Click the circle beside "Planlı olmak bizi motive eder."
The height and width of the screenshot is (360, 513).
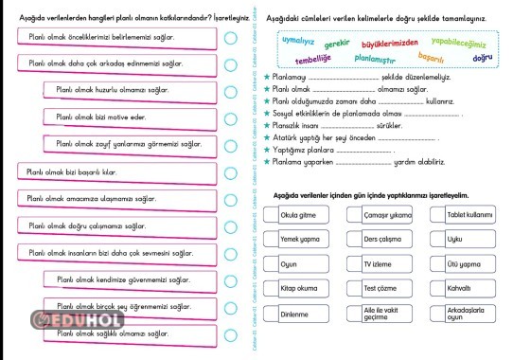coord(231,117)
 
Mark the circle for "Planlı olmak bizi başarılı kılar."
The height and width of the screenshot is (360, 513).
coord(231,171)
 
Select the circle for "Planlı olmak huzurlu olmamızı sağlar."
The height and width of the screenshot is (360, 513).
coord(231,91)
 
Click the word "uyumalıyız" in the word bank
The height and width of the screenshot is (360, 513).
coord(298,43)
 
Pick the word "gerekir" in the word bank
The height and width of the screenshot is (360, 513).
coord(337,44)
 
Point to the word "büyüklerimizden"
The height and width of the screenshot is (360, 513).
coord(386,42)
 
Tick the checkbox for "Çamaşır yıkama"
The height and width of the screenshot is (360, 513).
coord(354,215)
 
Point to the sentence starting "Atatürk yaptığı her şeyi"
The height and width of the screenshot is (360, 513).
coord(327,136)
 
